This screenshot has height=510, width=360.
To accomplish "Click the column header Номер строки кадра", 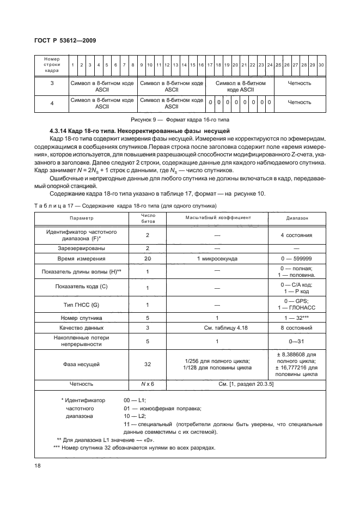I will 52,65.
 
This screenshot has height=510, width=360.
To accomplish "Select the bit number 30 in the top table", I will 321,65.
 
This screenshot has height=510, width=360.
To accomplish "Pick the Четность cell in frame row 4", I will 299,102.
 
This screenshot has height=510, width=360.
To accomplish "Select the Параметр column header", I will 89,217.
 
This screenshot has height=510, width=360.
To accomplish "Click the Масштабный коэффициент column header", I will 217,217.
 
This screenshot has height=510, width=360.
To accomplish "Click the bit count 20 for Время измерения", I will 148,258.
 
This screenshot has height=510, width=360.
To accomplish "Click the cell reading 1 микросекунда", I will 217,258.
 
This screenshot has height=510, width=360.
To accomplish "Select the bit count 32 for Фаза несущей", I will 148,364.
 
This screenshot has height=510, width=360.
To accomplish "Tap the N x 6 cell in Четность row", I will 148,384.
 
